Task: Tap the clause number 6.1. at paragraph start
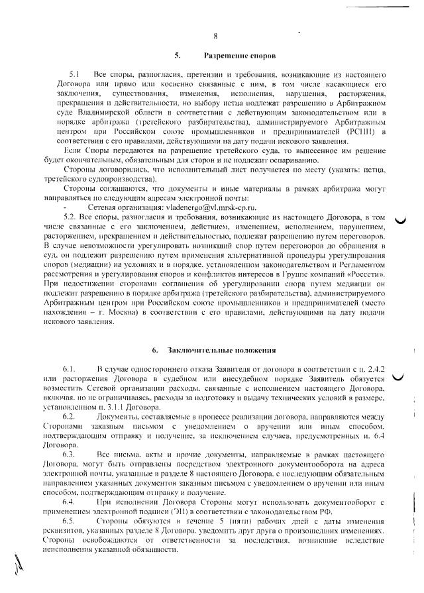pyautogui.click(x=70, y=366)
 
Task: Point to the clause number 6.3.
pyautogui.click(x=70, y=456)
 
